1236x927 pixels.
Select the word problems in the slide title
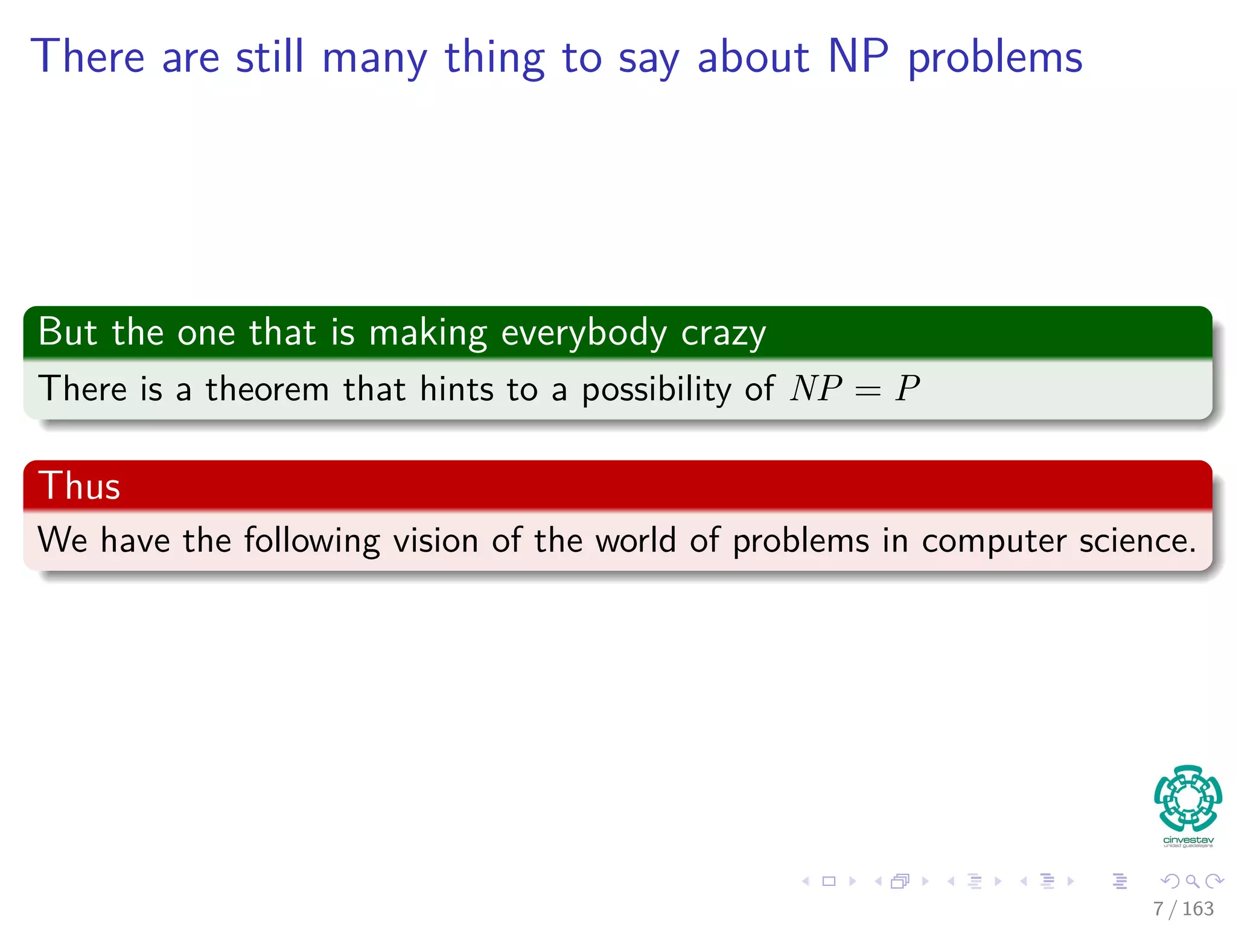[x=995, y=59]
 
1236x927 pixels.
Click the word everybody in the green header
[x=584, y=333]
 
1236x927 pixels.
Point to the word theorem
[x=267, y=389]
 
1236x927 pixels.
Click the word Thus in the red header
[x=79, y=486]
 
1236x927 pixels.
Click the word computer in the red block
[x=993, y=541]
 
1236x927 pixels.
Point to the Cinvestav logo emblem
[x=1188, y=798]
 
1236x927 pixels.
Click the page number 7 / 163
[x=1183, y=908]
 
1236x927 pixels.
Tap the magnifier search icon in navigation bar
[x=1192, y=881]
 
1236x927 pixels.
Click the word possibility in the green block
[x=657, y=390]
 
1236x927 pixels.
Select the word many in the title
[x=375, y=59]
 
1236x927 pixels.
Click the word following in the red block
[x=311, y=541]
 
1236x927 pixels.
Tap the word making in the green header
[x=428, y=333]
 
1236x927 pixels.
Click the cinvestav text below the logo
[x=1188, y=840]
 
